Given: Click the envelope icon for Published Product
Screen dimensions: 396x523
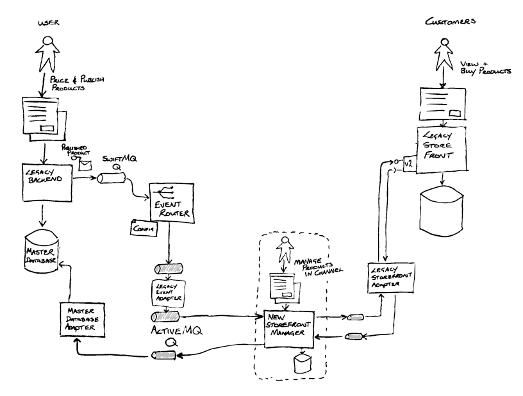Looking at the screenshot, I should click(x=85, y=164).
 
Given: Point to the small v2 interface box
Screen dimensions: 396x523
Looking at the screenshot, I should click(x=407, y=166).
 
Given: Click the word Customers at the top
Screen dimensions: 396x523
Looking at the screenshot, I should click(x=452, y=22).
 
